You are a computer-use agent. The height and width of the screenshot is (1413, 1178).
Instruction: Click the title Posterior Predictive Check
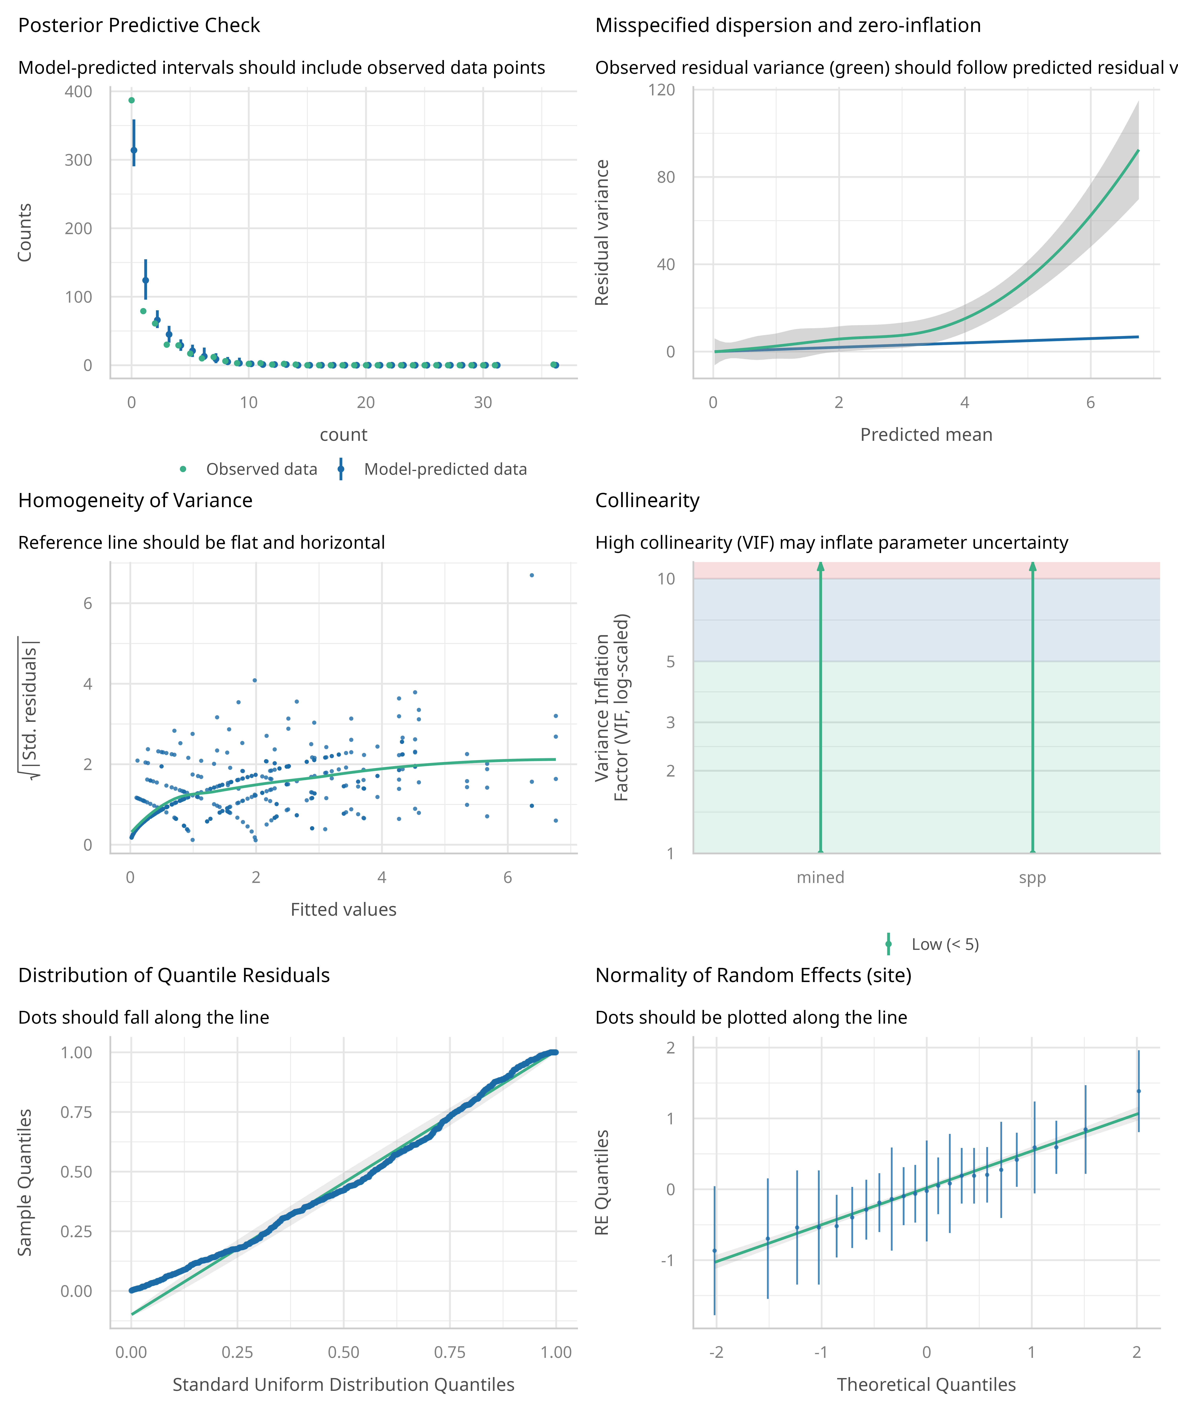click(x=139, y=26)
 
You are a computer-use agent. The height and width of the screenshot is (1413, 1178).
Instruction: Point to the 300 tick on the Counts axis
click(x=79, y=160)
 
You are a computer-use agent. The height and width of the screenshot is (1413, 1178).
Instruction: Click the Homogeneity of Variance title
click(x=135, y=501)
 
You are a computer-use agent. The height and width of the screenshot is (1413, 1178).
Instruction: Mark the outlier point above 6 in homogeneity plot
click(x=532, y=575)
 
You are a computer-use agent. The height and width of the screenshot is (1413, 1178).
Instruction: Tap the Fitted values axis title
click(x=343, y=910)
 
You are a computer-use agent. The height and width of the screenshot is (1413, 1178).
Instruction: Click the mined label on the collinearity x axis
click(x=820, y=877)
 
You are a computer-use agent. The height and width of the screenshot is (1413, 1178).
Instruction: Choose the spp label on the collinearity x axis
click(x=1032, y=877)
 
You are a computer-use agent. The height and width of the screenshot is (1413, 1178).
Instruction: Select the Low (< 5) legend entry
click(x=944, y=945)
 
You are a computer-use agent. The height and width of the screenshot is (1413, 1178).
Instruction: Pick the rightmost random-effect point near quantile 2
click(x=1138, y=1091)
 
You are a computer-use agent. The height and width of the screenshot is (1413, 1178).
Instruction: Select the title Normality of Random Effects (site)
click(x=753, y=976)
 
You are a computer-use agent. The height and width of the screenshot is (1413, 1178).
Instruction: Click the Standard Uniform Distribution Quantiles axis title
click(x=343, y=1385)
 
